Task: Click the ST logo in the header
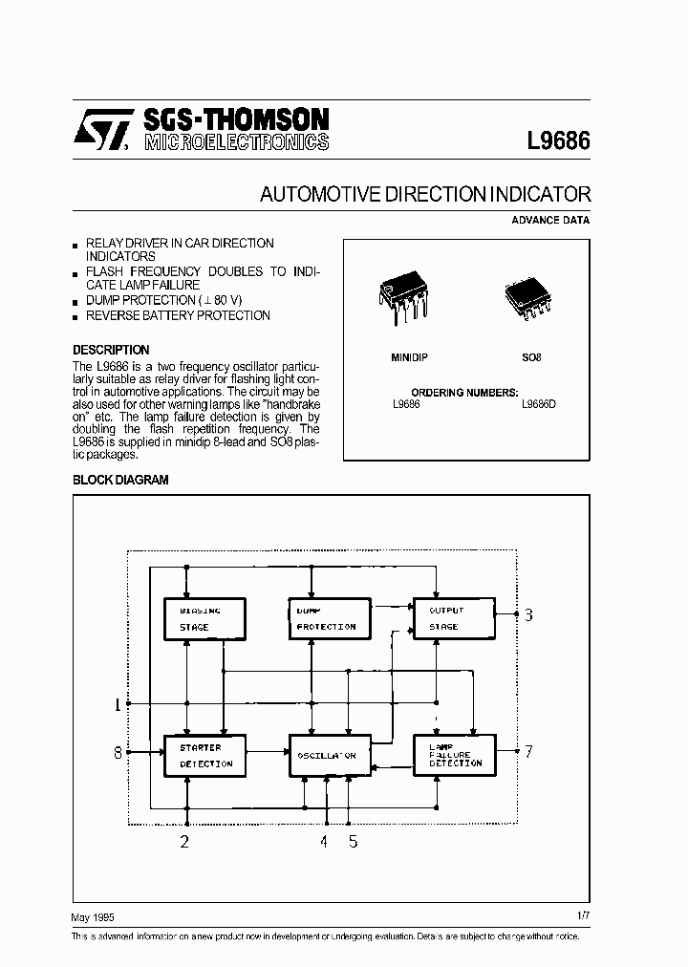point(100,132)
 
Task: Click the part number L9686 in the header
point(558,140)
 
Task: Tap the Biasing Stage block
point(204,618)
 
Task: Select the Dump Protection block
point(330,618)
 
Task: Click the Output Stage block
point(454,618)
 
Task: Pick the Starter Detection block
point(204,755)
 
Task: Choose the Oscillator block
point(330,755)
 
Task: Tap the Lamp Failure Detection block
point(454,755)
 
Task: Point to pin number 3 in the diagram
point(528,614)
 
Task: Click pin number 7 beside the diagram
point(528,751)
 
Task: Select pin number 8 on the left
point(118,752)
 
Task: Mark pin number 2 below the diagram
point(185,842)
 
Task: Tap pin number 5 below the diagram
point(353,842)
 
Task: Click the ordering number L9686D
point(538,404)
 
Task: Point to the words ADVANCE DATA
point(550,220)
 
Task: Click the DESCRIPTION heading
point(111,350)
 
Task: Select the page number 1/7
point(583,916)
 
